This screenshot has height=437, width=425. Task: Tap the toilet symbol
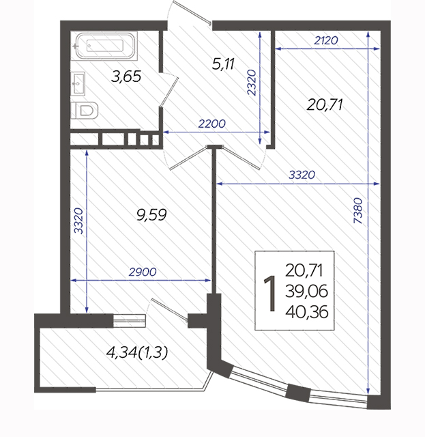tap(85, 111)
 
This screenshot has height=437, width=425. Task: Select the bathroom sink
tap(78, 83)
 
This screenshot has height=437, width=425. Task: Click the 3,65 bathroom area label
tap(126, 76)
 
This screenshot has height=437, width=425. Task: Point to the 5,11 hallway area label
tap(223, 64)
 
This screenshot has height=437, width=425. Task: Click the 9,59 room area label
tap(151, 215)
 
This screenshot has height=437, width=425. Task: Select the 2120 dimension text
tap(326, 41)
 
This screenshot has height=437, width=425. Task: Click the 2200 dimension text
tap(211, 124)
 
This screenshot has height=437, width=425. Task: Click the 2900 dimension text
tap(143, 272)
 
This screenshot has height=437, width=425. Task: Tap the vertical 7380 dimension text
tap(358, 210)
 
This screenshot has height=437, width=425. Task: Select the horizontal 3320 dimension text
tap(302, 175)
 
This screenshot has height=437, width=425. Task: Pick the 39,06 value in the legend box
tap(306, 292)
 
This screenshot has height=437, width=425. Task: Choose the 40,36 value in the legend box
tap(307, 312)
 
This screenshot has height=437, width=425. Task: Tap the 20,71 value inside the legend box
tap(304, 270)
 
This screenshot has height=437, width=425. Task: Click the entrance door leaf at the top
tap(192, 13)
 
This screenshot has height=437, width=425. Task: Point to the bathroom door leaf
tap(169, 92)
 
